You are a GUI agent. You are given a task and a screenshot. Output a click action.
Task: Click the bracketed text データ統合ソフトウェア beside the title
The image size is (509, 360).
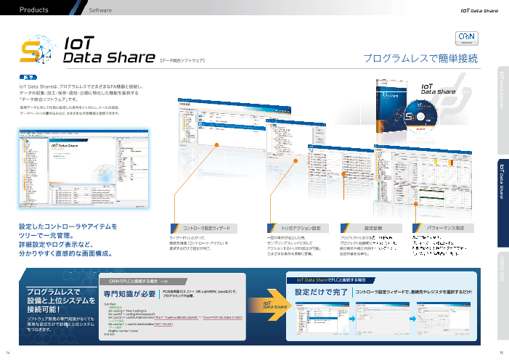(182, 61)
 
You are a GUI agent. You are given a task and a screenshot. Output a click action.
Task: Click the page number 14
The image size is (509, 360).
(7, 353)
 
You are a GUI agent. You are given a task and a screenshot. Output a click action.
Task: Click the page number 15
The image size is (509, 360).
(501, 353)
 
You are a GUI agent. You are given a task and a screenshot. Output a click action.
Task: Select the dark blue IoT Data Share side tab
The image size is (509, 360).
(501, 178)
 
